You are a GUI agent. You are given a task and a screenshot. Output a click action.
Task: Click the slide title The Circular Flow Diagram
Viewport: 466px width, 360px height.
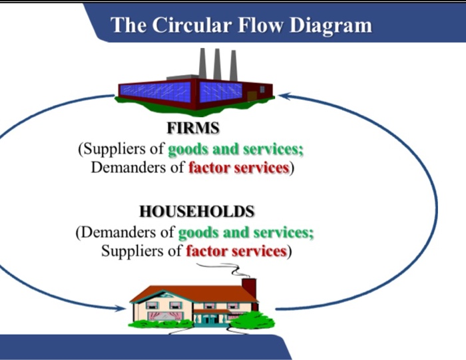click(241, 25)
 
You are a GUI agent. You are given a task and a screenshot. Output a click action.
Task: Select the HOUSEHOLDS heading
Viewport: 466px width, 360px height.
click(197, 212)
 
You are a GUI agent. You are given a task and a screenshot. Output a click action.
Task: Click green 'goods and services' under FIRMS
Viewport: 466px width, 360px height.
click(236, 148)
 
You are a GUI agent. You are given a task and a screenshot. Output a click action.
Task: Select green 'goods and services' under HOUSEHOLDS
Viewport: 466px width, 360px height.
click(246, 233)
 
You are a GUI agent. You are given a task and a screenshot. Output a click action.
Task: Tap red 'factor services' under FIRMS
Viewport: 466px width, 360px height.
click(238, 167)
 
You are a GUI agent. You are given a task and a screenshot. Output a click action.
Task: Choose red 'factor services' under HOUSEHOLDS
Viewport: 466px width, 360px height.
click(236, 252)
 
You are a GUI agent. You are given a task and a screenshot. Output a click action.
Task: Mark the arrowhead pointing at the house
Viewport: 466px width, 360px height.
click(121, 308)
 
